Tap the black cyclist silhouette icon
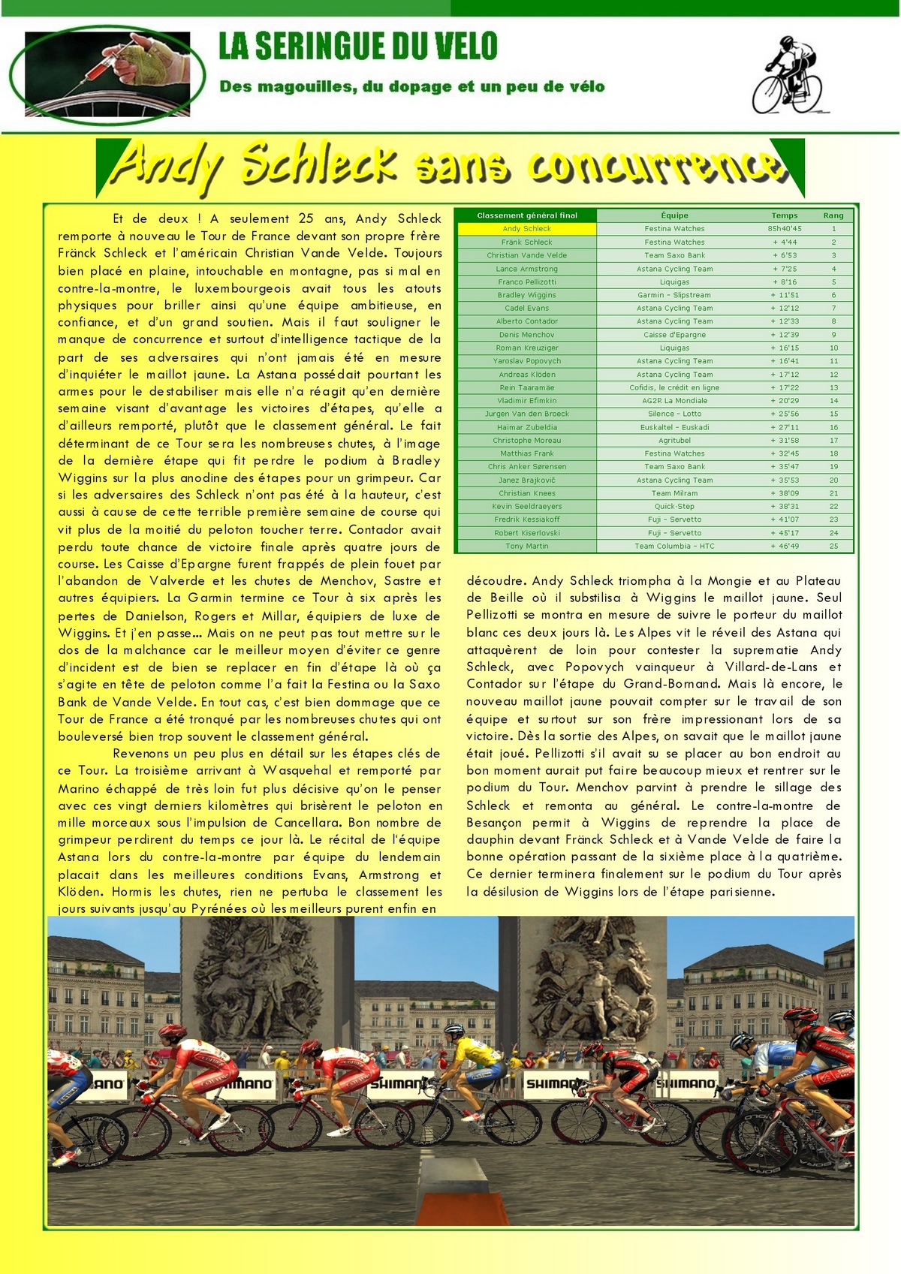[787, 75]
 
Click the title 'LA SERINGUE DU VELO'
[358, 47]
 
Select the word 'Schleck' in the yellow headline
[319, 164]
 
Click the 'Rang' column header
[833, 215]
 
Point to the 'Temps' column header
[785, 215]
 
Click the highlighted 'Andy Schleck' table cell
[527, 229]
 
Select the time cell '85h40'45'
[785, 229]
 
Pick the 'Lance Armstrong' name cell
[527, 269]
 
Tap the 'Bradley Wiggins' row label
[527, 295]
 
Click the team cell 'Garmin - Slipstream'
[674, 295]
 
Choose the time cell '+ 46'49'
[785, 547]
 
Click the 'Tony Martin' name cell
[527, 547]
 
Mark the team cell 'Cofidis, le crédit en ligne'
[674, 387]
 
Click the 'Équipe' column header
[674, 215]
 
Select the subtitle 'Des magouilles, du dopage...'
[411, 87]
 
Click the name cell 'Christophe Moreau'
[527, 441]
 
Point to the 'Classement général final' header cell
[527, 215]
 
